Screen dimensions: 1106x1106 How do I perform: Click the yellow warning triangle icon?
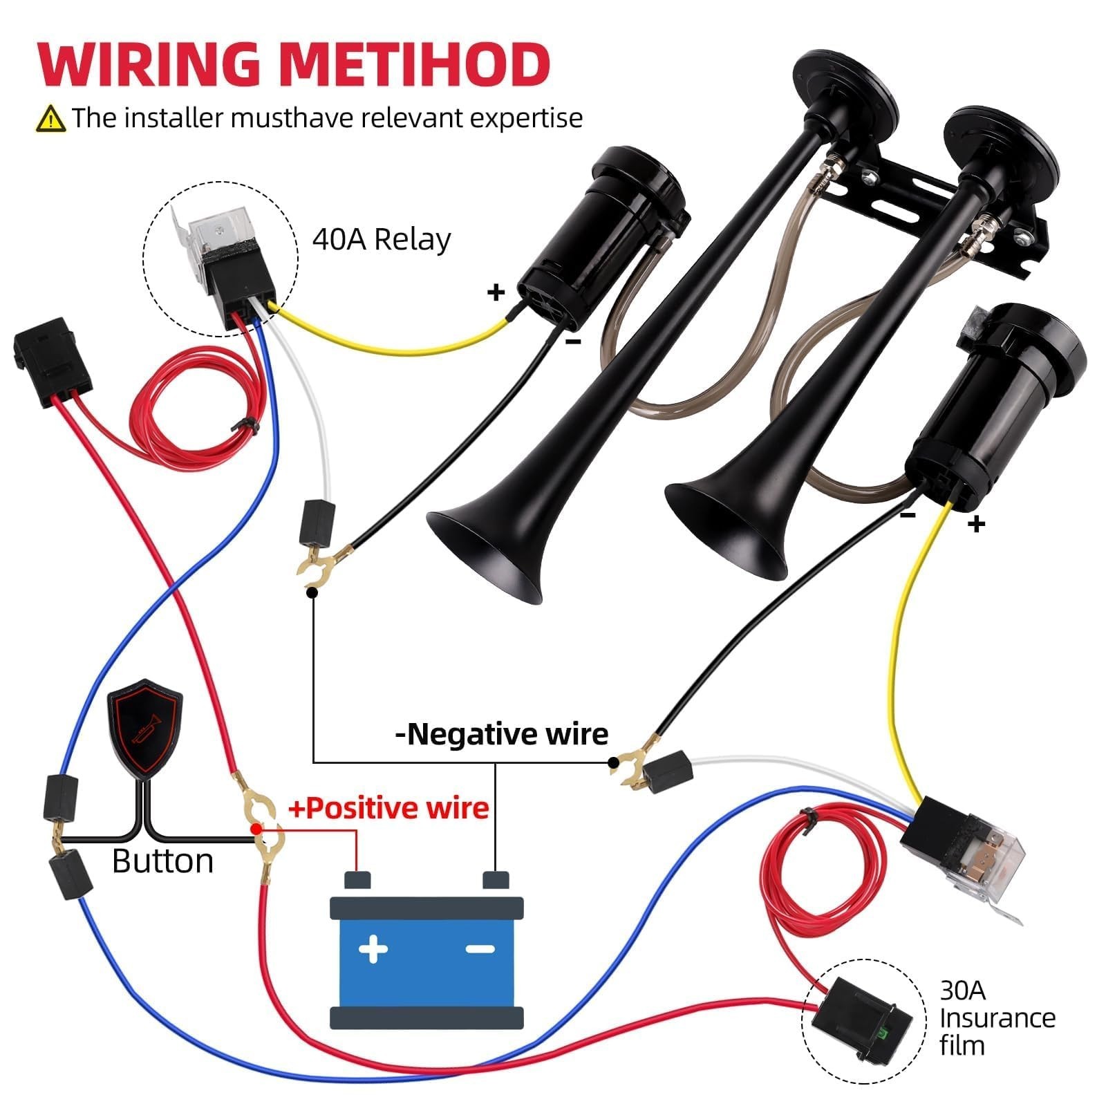[50, 119]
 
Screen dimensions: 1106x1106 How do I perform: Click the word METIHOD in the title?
[416, 64]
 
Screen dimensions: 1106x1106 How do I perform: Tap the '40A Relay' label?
[382, 240]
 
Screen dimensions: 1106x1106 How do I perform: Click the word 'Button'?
[163, 861]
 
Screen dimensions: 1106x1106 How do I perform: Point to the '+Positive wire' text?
[388, 807]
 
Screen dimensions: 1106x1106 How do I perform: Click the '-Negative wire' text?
[501, 733]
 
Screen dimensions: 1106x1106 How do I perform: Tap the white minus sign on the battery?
[480, 949]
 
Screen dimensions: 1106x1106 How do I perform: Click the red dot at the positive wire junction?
[256, 828]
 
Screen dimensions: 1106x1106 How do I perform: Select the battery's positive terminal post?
[357, 880]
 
